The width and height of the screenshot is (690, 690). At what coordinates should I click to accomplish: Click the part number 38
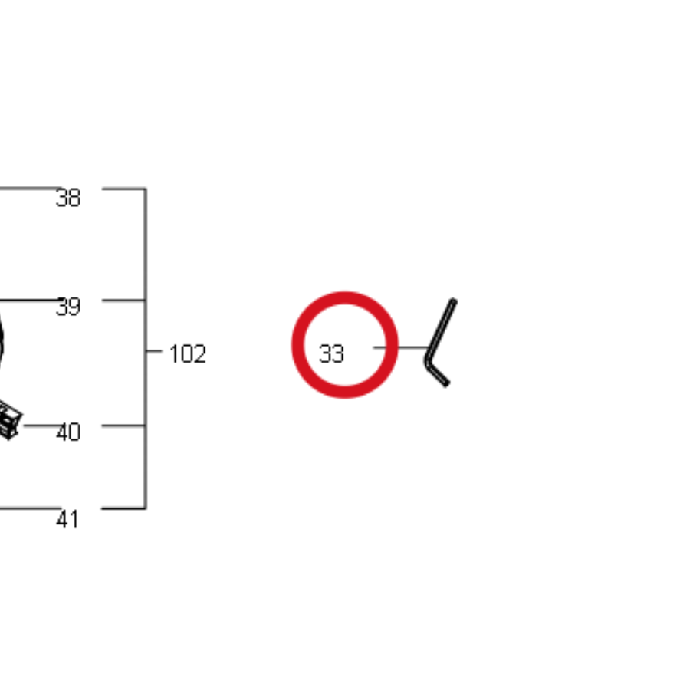[68, 198]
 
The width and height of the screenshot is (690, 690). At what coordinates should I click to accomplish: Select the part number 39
[68, 307]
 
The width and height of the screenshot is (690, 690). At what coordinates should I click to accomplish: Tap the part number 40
[68, 432]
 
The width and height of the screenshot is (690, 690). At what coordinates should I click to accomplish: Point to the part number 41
[67, 519]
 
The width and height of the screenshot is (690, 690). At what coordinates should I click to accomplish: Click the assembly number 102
[188, 353]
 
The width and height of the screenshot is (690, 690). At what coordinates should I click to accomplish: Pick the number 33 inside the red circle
[331, 353]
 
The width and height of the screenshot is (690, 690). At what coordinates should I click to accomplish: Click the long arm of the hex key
[442, 329]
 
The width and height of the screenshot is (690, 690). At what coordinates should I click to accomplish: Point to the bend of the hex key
[427, 362]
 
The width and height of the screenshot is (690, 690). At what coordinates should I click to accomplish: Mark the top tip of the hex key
[454, 301]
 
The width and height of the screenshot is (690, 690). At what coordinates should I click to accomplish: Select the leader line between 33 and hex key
[401, 347]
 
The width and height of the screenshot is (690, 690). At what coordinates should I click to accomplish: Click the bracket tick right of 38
[123, 189]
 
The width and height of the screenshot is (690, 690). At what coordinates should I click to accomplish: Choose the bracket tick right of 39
[123, 300]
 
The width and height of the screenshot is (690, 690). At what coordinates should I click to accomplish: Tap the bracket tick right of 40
[123, 425]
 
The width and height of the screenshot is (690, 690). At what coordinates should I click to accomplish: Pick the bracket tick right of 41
[123, 508]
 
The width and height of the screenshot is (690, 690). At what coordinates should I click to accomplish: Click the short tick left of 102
[154, 350]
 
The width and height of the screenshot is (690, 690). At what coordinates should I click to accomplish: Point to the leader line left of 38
[30, 189]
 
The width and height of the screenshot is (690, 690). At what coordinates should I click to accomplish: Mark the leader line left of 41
[30, 508]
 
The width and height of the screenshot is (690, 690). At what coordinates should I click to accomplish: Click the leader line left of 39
[30, 300]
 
